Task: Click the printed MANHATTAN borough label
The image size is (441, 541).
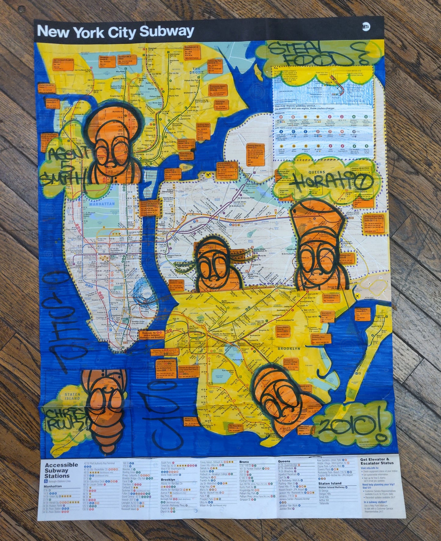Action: (102, 204)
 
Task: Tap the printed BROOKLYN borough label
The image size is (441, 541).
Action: (289, 348)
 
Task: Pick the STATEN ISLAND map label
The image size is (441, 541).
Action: (72, 396)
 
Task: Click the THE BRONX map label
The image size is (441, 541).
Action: (196, 71)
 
